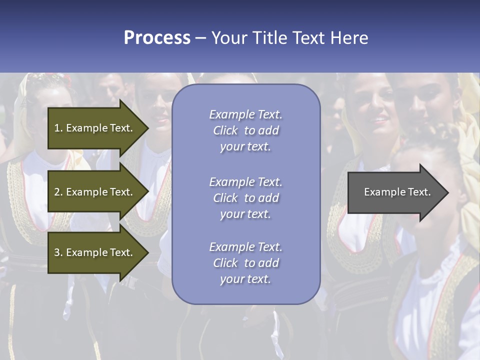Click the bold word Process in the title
pos(157,38)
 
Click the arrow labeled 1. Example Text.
pos(95,128)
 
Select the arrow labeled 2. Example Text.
pos(95,192)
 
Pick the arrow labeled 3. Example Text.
pos(95,252)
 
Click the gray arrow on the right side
pos(395,192)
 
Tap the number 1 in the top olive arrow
pos(57,128)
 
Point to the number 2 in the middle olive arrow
pos(57,192)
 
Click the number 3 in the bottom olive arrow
pos(57,252)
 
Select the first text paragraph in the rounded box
pos(245,130)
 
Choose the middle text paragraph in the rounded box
pos(245,198)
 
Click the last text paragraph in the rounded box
pos(245,263)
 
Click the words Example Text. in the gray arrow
pos(397,192)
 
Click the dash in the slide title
pos(200,38)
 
